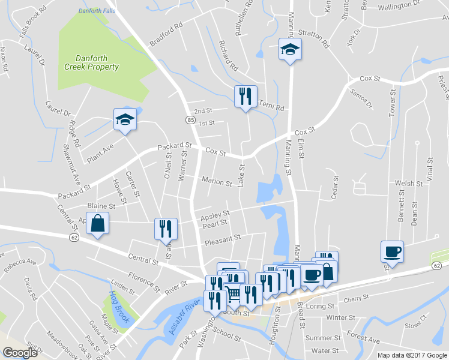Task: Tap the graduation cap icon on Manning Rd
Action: tap(291, 50)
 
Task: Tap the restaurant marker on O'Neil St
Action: tap(166, 229)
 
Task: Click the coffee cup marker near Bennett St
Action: tap(393, 251)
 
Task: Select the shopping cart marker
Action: tap(233, 293)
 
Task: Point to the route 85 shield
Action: tap(189, 120)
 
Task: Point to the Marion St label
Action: tap(217, 182)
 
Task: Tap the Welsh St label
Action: tap(406, 183)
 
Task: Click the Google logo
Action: tap(20, 353)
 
